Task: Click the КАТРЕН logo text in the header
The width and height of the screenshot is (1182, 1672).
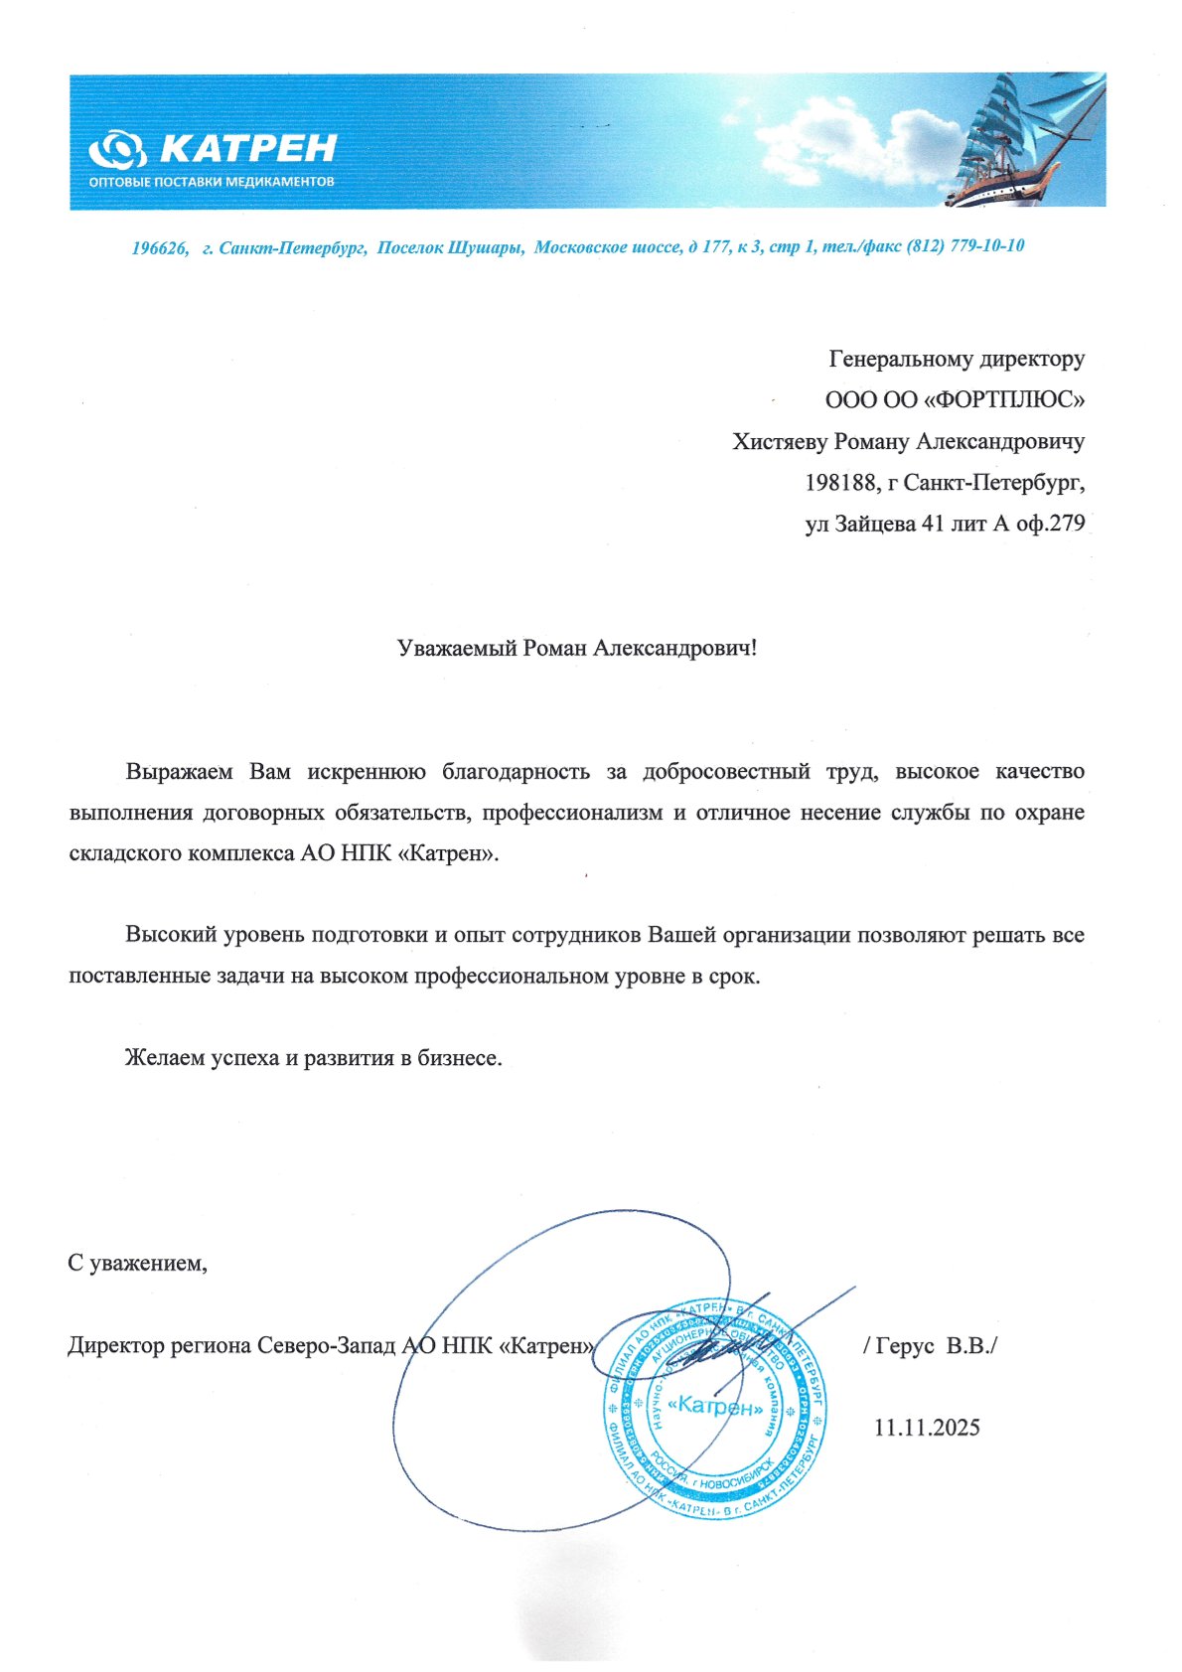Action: tap(248, 149)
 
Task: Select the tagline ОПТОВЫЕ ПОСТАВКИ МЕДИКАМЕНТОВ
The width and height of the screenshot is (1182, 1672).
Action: tap(211, 182)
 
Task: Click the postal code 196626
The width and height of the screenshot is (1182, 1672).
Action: tap(160, 247)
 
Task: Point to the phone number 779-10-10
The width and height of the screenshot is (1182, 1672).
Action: tap(987, 245)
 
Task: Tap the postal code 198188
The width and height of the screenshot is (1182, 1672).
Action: tap(841, 483)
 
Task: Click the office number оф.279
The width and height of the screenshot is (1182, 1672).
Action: tap(1052, 524)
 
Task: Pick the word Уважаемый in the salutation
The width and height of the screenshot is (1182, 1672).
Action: tap(458, 649)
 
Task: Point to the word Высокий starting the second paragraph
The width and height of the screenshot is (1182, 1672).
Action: tap(167, 935)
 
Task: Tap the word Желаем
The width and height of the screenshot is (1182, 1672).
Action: tap(164, 1058)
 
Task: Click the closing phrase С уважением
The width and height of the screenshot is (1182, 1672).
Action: tap(137, 1264)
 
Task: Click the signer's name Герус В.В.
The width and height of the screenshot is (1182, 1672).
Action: tap(934, 1346)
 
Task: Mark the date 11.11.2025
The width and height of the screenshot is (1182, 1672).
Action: tap(927, 1428)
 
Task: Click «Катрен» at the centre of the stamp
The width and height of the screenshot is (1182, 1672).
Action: tap(715, 1407)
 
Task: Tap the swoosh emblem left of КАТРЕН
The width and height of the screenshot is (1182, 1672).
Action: tap(117, 151)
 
